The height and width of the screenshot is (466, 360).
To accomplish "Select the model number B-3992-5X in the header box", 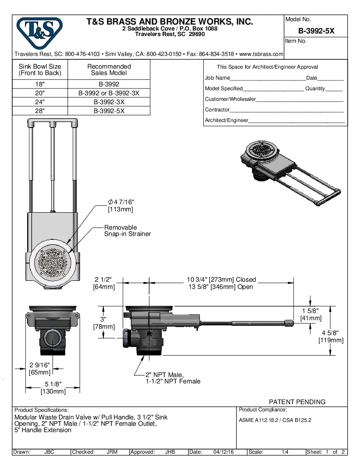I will tap(316, 31).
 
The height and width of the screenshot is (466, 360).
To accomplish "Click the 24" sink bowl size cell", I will tap(40, 102).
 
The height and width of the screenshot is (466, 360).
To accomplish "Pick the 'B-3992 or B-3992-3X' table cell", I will tap(109, 93).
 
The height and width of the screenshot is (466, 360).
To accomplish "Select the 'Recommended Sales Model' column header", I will tap(109, 69).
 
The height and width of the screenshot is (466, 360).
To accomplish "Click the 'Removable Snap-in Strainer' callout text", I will tap(127, 230).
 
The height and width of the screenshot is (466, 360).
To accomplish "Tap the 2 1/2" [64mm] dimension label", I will tap(104, 283).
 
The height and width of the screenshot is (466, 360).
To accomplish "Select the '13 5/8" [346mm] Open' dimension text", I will tap(221, 287).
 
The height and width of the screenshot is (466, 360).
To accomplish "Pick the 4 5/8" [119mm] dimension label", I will tap(331, 336).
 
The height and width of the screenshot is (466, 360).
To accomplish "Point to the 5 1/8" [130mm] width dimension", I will tap(53, 388).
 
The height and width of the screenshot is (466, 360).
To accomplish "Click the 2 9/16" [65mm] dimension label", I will tap(40, 369).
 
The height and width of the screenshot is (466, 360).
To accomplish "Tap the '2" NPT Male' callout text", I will tap(165, 375).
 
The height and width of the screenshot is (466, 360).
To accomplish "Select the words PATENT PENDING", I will tap(297, 402).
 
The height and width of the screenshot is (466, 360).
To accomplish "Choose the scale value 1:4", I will tap(285, 452).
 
